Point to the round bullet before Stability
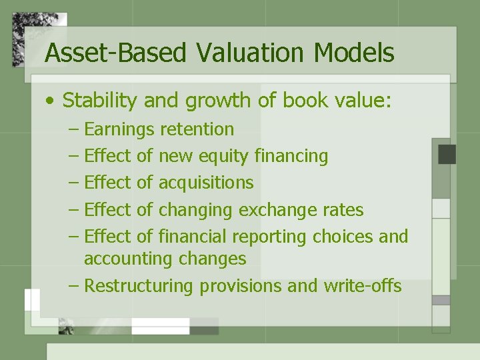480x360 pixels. [51, 102]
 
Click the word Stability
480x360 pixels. [101, 101]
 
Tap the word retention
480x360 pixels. [197, 129]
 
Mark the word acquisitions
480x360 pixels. [206, 183]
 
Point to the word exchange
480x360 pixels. [279, 210]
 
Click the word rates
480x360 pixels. [344, 210]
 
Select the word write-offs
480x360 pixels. [363, 286]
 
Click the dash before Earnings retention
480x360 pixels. [74, 130]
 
